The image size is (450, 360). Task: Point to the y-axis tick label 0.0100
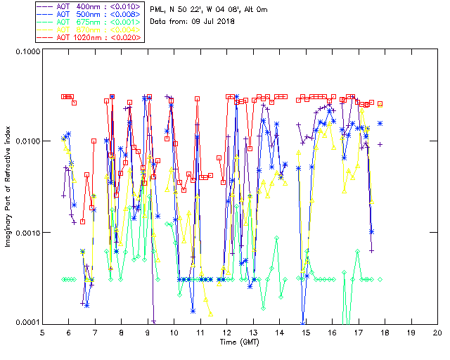[x=26, y=142]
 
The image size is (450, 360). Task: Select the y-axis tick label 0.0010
[x=26, y=233]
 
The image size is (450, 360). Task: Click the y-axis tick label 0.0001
[x=26, y=323]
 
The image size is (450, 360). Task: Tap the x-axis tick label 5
[x=42, y=332]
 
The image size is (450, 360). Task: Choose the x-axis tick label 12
[x=226, y=332]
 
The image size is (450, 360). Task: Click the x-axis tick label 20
[x=437, y=332]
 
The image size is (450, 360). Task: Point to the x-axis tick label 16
[x=332, y=332]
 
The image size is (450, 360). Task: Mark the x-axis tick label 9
[x=148, y=332]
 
